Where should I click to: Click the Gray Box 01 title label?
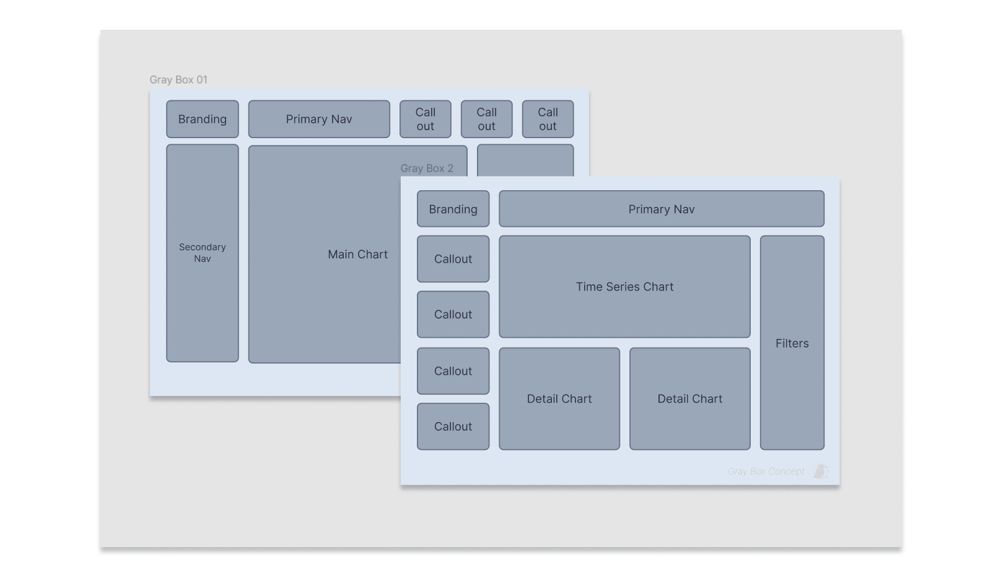[178, 80]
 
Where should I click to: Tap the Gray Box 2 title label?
[427, 169]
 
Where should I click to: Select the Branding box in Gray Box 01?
[203, 119]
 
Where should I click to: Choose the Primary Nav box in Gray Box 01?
[319, 119]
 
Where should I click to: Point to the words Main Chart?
[357, 255]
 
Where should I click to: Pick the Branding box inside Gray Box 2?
[453, 209]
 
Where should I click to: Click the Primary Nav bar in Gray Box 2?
[662, 209]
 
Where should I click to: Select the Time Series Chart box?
[624, 310]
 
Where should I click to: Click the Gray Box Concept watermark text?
[766, 471]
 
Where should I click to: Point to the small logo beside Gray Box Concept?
[821, 471]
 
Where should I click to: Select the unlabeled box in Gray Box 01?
[525, 160]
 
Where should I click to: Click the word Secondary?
[203, 247]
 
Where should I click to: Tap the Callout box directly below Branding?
[453, 259]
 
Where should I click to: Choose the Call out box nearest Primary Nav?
[426, 119]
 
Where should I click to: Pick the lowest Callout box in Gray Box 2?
[453, 427]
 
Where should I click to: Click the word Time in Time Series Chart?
[588, 287]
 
